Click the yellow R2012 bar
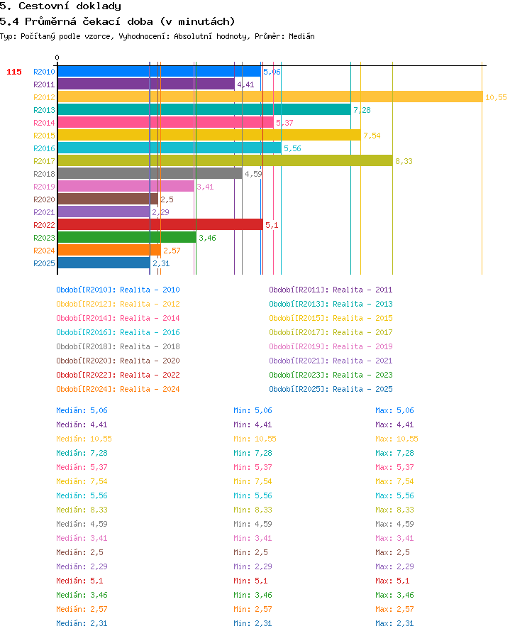(270, 97)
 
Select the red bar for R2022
(160, 225)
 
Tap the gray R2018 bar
(150, 174)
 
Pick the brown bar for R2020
(108, 199)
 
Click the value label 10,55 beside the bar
(496, 97)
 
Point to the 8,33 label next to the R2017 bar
(404, 161)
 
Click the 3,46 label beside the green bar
(207, 238)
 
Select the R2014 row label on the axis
(44, 123)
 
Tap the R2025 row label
(44, 263)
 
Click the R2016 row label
(44, 148)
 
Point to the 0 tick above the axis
(57, 57)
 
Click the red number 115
(14, 72)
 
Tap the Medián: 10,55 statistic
(84, 439)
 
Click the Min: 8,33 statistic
(253, 510)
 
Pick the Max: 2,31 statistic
(394, 623)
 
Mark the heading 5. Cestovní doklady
(60, 6)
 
